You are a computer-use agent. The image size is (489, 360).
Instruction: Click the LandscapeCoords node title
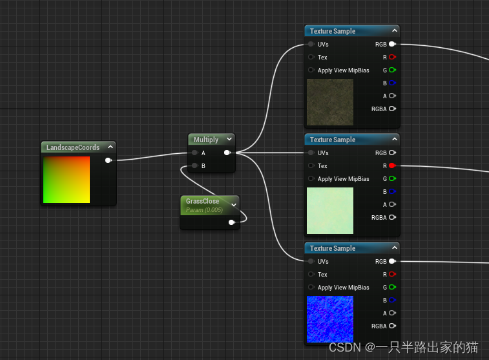[x=73, y=147]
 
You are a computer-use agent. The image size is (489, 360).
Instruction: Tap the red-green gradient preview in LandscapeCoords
[x=67, y=180]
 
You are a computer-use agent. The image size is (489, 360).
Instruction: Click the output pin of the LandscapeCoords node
[x=108, y=160]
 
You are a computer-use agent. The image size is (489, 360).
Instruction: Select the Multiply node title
[x=206, y=140]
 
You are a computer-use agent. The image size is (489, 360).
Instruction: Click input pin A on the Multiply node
[x=194, y=153]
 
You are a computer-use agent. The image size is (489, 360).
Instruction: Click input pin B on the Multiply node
[x=194, y=166]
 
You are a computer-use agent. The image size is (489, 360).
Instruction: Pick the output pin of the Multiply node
[x=227, y=153]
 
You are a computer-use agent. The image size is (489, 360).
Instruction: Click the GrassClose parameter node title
[x=202, y=201]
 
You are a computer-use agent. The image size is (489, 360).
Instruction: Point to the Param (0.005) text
[x=204, y=210]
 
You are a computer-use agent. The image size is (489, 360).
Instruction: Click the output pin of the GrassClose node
[x=232, y=222]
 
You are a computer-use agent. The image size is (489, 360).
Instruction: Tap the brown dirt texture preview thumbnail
[x=330, y=102]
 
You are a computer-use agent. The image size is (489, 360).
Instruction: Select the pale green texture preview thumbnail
[x=330, y=211]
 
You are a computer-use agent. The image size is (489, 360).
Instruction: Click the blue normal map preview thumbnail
[x=330, y=319]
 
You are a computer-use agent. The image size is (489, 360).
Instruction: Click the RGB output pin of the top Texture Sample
[x=392, y=45]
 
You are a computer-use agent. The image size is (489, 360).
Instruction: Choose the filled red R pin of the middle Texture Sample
[x=392, y=166]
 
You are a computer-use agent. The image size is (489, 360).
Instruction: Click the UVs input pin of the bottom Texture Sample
[x=311, y=262]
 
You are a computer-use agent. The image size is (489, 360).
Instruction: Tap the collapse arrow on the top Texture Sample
[x=394, y=31]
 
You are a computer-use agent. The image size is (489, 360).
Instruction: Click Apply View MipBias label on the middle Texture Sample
[x=343, y=179]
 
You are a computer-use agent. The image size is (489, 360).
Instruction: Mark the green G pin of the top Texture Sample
[x=392, y=70]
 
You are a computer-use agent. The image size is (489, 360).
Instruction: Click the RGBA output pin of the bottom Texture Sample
[x=392, y=326]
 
